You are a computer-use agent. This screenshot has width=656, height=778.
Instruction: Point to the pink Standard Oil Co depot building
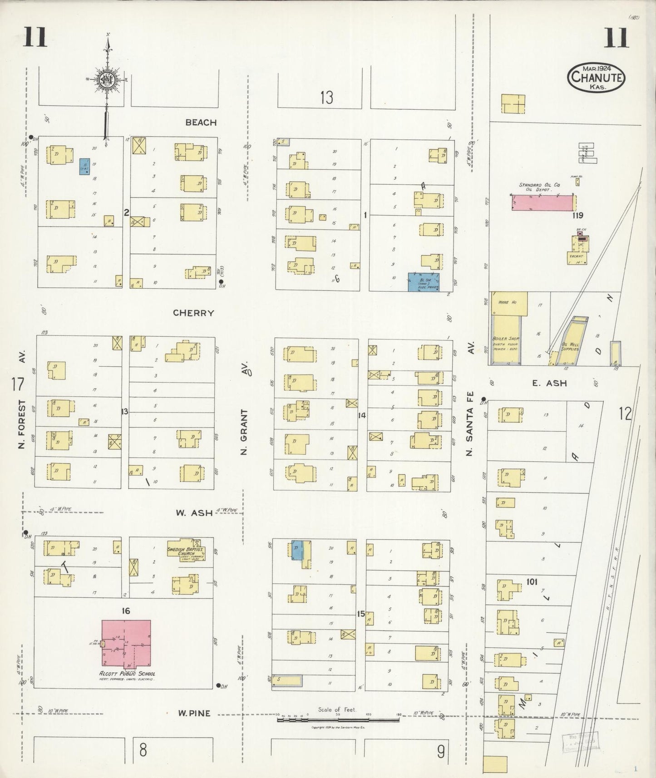pyautogui.click(x=542, y=203)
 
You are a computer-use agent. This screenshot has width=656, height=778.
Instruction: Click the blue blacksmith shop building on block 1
pyautogui.click(x=424, y=282)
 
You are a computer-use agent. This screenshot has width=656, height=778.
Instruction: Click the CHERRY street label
pyautogui.click(x=193, y=313)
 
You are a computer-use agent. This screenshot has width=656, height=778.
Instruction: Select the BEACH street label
pyautogui.click(x=201, y=122)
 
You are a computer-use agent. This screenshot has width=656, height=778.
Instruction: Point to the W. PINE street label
pyautogui.click(x=194, y=713)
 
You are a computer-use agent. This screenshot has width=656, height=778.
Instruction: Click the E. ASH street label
pyautogui.click(x=549, y=383)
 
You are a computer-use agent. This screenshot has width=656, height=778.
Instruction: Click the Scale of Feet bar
pyautogui.click(x=338, y=719)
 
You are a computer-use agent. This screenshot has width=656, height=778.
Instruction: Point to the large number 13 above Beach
pyautogui.click(x=326, y=97)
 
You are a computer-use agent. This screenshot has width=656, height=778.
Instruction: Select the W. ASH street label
pyautogui.click(x=194, y=512)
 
